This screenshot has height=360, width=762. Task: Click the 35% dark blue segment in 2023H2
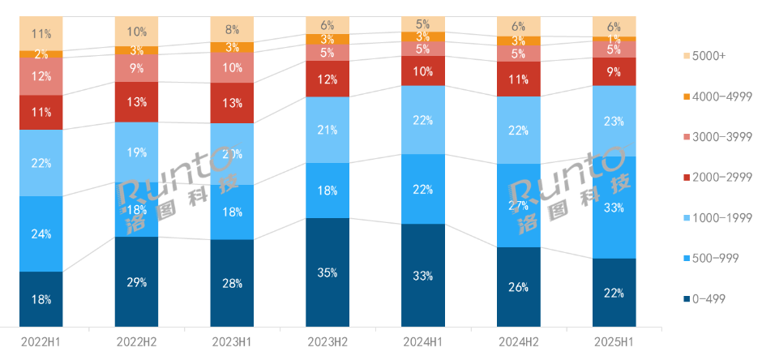[327, 272]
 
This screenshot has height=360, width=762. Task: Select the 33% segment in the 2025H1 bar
[614, 208]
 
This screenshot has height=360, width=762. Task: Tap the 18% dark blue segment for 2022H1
[41, 298]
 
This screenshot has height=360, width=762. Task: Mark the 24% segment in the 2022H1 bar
[41, 234]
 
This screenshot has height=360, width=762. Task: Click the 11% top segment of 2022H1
[41, 34]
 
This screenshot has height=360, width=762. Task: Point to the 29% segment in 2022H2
[136, 281]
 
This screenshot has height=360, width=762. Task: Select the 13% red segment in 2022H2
[136, 101]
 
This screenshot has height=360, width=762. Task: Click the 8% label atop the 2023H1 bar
[232, 28]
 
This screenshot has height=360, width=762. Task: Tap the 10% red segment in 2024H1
[423, 71]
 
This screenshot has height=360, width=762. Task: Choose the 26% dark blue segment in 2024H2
[519, 286]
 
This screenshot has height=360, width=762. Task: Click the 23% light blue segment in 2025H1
[614, 121]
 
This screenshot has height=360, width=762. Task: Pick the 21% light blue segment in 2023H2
[327, 130]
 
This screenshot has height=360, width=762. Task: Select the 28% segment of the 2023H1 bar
[232, 283]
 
